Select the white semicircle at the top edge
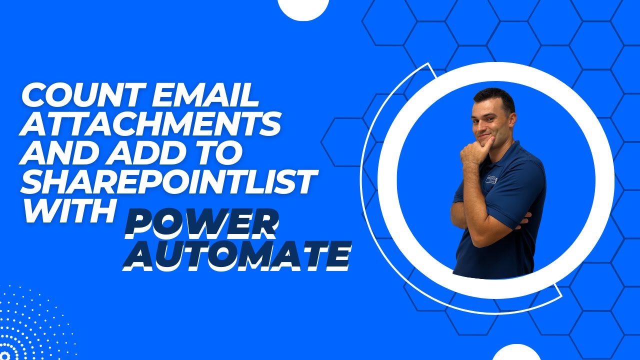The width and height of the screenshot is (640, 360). tap(303, 7)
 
